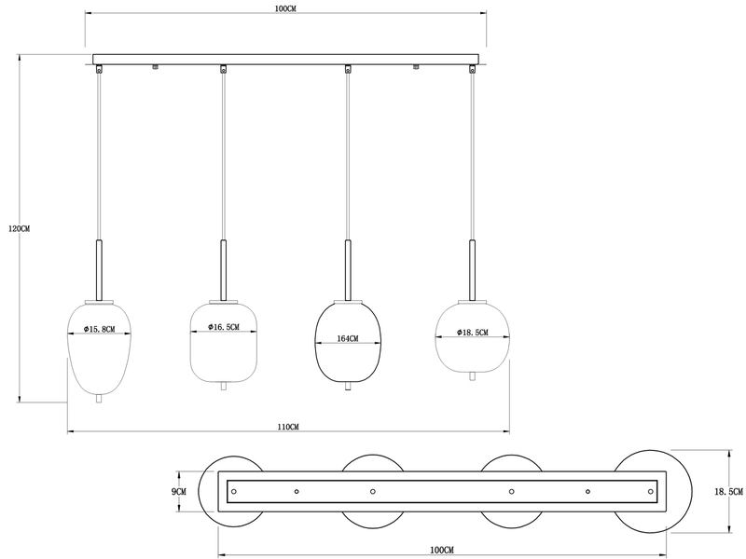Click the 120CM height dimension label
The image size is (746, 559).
coord(19,228)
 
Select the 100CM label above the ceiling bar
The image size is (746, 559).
coord(286,8)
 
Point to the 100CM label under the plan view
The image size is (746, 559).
coord(442,550)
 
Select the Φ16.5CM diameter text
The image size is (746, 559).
coord(221,327)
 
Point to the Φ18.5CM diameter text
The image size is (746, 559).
coord(472,333)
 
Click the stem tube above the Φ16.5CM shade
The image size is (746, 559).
coord(223,270)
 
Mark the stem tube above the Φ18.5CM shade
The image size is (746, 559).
coord(472,270)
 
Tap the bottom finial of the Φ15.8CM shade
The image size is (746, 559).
coord(100,399)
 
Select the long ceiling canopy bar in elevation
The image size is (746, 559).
coord(287,57)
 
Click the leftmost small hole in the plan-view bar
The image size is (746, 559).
coord(234,490)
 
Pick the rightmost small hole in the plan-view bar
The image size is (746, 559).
coord(650,490)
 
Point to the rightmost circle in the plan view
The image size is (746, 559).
coord(653,490)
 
